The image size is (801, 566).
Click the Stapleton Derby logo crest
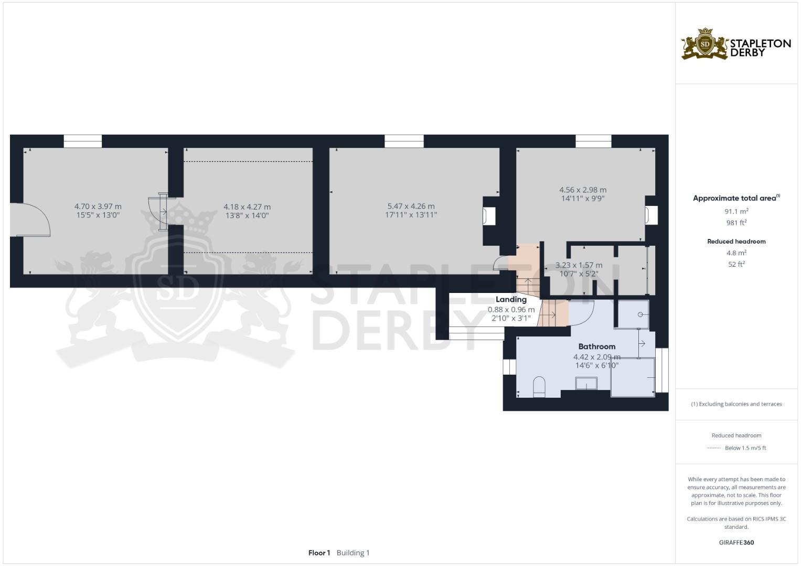tap(705, 44)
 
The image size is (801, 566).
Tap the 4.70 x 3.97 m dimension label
tap(98, 206)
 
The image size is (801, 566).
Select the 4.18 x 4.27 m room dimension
tap(247, 207)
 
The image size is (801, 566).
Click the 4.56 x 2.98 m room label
tap(583, 190)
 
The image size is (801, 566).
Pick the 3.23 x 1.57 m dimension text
tap(579, 265)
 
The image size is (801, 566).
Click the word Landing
tap(511, 299)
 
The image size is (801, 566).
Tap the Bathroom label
tap(596, 346)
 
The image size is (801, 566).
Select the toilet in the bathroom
tap(539, 387)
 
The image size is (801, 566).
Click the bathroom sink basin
tap(586, 384)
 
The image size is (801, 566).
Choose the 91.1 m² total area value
tap(736, 211)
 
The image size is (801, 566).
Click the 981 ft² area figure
tap(736, 222)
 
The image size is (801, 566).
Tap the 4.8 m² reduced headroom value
tap(736, 253)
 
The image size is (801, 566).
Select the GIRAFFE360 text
tap(736, 542)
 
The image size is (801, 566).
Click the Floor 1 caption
tap(319, 552)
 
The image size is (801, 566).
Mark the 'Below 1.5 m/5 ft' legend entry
tap(745, 448)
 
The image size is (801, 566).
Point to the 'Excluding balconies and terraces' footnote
tap(736, 404)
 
